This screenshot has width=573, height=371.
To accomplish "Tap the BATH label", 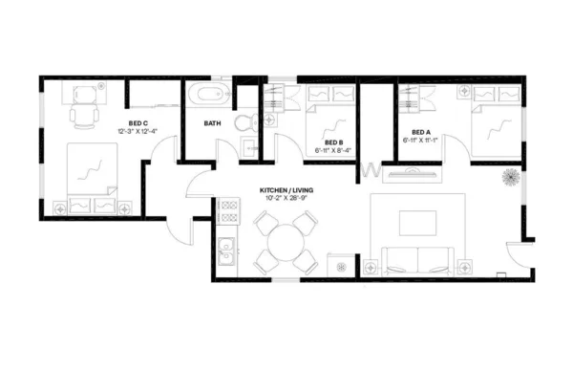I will click(213, 122).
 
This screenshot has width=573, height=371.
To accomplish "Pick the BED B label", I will click(333, 142).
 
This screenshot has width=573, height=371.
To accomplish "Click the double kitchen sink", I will click(227, 254).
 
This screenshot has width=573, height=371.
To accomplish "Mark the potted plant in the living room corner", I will click(510, 179).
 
